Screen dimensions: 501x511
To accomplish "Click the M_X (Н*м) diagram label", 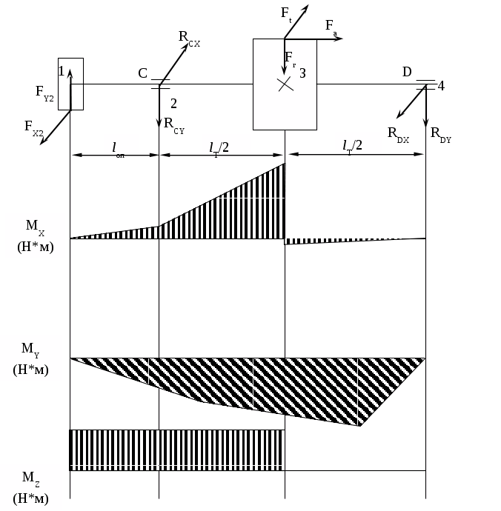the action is point(35,235).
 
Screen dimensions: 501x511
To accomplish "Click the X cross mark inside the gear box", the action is point(285,84).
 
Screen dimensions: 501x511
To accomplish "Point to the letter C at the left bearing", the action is point(143,73).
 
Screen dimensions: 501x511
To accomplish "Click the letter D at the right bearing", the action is point(407,72).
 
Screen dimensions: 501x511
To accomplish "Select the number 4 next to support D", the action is point(441,86).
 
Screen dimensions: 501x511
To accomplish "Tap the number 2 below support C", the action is point(173,104).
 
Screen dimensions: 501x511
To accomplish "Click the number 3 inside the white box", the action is point(302,73).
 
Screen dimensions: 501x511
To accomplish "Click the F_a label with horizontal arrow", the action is point(331,27).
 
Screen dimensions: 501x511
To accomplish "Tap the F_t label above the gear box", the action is point(287,12).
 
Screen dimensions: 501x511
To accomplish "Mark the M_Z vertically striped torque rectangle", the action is point(177,449).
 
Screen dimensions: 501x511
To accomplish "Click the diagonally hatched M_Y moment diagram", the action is point(252,389).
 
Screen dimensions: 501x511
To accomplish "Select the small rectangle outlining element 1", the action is point(71,84).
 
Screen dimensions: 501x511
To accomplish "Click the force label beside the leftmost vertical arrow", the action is point(44,93).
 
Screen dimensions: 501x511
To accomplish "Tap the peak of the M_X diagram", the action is point(285,164).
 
